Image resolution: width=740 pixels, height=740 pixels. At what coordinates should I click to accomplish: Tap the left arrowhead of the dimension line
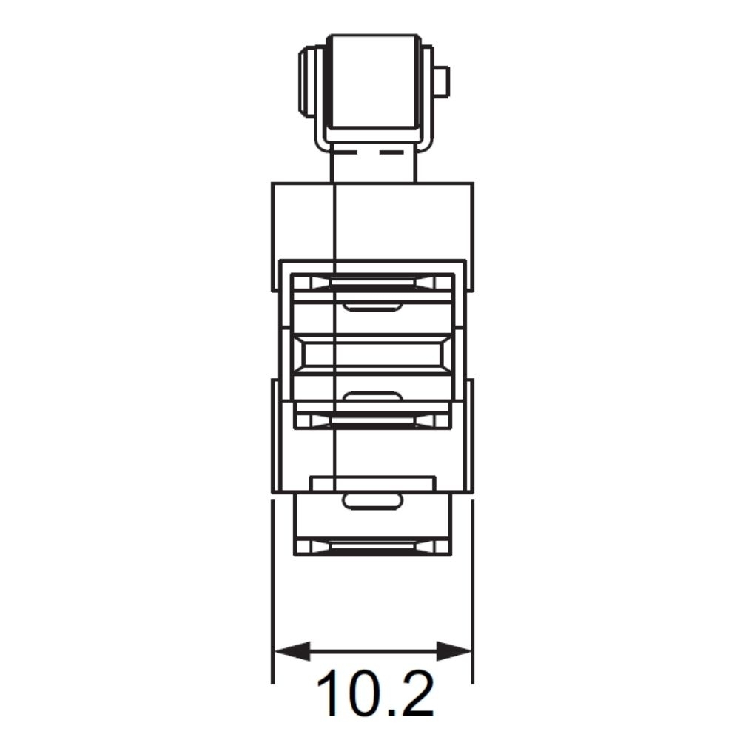tap(292, 651)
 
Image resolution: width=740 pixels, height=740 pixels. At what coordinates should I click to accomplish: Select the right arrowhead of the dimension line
tap(454, 651)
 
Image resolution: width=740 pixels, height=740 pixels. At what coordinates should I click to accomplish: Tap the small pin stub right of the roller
tap(443, 82)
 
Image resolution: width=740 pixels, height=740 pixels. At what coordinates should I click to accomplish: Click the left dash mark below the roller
tap(346, 152)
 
